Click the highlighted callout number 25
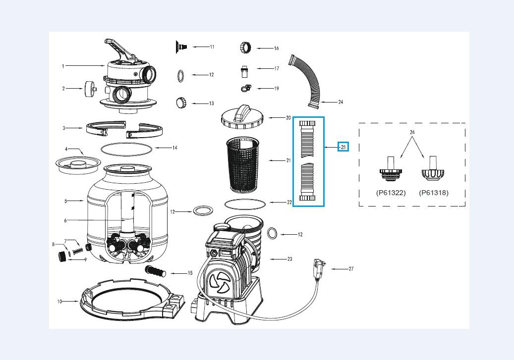pyautogui.click(x=343, y=147)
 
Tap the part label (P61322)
pyautogui.click(x=391, y=193)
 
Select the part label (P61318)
pyautogui.click(x=434, y=193)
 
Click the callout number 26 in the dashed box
pyautogui.click(x=412, y=132)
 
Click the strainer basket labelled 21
pyautogui.click(x=242, y=163)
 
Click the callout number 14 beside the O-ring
pyautogui.click(x=174, y=148)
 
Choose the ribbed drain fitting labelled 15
pyautogui.click(x=155, y=271)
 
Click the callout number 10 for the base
pyautogui.click(x=59, y=301)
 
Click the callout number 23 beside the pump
pyautogui.click(x=289, y=258)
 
